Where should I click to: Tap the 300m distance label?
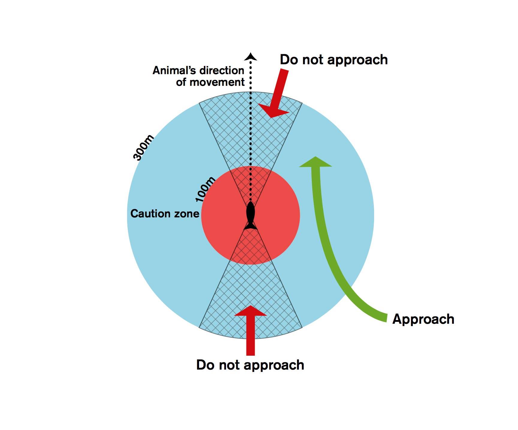click(144, 148)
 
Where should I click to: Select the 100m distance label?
click(205, 189)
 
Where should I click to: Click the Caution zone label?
click(165, 214)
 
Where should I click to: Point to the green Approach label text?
click(423, 319)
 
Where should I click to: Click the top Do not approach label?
click(334, 60)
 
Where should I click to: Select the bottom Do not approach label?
click(250, 365)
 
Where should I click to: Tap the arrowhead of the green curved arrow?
click(316, 162)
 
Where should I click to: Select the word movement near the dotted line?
click(219, 82)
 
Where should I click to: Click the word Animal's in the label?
click(174, 70)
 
